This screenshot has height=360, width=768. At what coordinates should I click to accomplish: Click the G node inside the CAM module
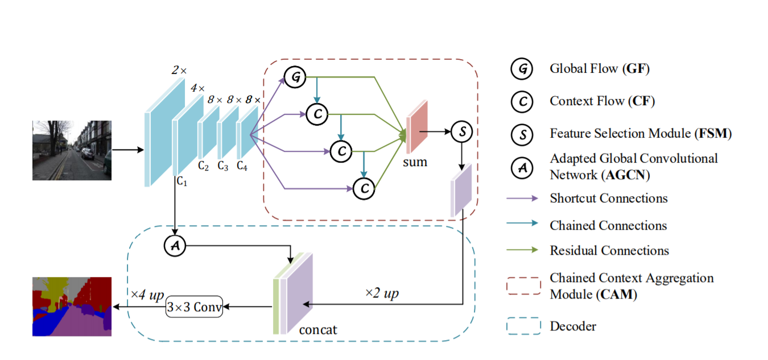click(x=295, y=77)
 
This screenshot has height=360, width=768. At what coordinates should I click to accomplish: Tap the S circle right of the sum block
click(x=462, y=133)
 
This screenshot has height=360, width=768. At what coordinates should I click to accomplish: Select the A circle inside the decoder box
click(x=175, y=246)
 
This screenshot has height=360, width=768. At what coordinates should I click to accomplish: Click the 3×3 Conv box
click(x=194, y=307)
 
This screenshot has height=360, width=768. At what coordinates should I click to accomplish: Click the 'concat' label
click(x=317, y=329)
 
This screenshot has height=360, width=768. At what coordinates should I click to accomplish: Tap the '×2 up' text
click(x=382, y=293)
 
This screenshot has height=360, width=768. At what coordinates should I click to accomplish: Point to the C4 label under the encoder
click(x=242, y=166)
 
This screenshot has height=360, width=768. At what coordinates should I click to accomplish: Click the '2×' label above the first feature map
click(x=179, y=71)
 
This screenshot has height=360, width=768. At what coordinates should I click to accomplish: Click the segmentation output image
click(x=72, y=307)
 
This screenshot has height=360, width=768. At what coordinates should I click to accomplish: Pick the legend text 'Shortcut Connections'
click(x=609, y=198)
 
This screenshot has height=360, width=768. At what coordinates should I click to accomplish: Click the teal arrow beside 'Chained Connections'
click(x=522, y=225)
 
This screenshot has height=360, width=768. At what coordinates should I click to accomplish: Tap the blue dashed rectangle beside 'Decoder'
click(x=522, y=326)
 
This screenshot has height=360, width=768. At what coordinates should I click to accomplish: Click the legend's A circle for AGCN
click(x=522, y=166)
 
